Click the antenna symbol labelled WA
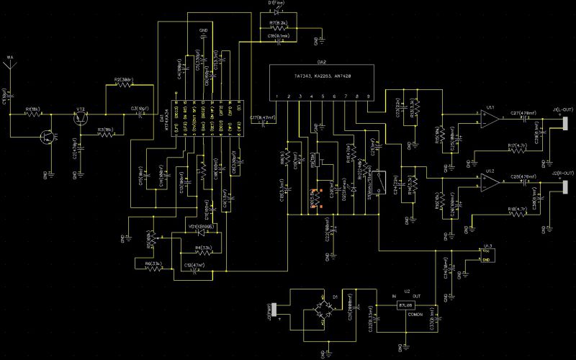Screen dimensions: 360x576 pos(10,66)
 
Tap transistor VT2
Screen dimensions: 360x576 pos(81,119)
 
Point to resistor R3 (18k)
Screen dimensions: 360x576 pos(106,135)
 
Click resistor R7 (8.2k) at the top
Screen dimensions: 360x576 pos(278,28)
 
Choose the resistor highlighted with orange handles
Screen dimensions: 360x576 pos(314,199)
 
